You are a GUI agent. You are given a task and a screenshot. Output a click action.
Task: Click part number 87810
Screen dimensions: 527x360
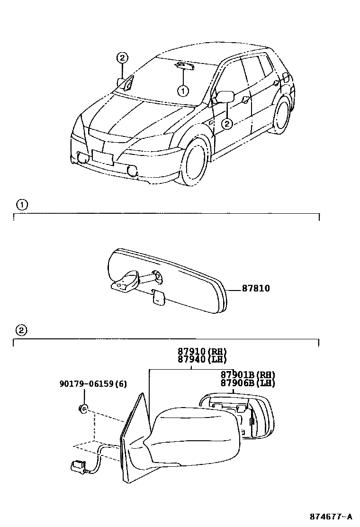pos(256,288)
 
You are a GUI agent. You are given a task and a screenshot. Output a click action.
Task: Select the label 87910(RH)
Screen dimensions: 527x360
pos(203,352)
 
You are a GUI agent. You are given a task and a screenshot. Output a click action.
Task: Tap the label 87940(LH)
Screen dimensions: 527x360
pos(203,359)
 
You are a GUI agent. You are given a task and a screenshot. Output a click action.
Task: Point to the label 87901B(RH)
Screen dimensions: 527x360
pos(248,375)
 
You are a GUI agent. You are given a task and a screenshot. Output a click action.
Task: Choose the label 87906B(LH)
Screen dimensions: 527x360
pos(248,383)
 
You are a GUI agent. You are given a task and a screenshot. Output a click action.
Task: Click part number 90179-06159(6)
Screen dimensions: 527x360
pos(93,383)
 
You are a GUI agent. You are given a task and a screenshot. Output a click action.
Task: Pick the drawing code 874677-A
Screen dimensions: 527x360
pos(331,516)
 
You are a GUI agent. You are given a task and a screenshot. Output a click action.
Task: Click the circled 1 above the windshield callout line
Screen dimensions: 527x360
pos(183,90)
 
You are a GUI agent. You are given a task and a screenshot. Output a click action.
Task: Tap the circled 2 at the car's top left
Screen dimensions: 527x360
pos(122,58)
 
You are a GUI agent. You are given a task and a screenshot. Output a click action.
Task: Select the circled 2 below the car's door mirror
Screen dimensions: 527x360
pos(227,124)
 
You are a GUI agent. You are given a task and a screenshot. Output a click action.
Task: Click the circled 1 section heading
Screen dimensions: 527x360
pos(22,205)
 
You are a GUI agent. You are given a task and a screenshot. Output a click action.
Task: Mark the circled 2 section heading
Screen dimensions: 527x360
pos(22,330)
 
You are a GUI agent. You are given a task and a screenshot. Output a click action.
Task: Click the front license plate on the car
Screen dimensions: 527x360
pos(103,157)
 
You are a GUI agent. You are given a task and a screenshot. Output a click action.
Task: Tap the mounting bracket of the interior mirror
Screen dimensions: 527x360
pos(125,282)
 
